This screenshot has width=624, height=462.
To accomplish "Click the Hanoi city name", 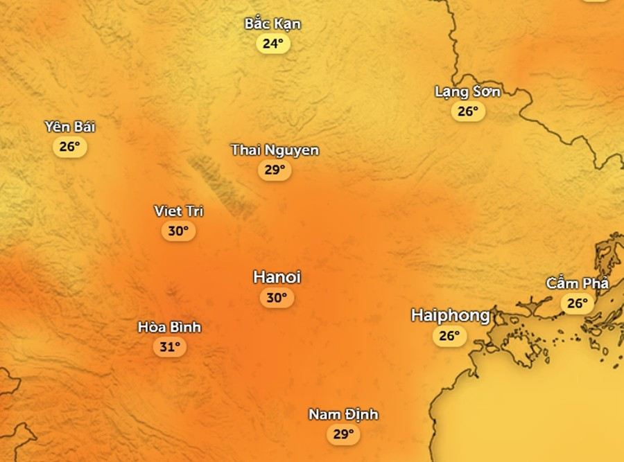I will coord(277,277).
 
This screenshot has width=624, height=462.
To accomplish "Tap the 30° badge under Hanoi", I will coord(276,298).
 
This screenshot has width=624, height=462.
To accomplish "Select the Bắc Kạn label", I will coord(272,24).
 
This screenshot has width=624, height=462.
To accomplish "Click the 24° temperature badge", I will coord(272,44).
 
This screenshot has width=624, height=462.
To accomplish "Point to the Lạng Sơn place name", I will coord(467,91).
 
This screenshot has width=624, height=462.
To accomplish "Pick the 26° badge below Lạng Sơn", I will coord(468,112).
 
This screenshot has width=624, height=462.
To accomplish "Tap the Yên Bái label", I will coord(69,127).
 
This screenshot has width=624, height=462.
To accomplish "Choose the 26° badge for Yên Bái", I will coord(69,147).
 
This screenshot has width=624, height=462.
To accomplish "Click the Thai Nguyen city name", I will coord(275,150).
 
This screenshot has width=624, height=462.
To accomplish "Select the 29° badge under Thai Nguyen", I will coord(275,170).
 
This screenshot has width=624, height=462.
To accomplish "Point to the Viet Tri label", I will coord(178,211).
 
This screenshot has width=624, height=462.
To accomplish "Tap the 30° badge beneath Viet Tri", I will coord(178,231).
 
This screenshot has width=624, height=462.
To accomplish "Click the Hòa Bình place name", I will coord(169,327).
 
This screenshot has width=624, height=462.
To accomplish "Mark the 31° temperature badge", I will coord(169,346).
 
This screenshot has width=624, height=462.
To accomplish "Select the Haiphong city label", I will coord(450,315).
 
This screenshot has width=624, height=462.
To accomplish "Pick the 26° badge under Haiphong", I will coord(449,336).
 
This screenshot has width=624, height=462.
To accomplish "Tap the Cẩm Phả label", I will coord(577,283).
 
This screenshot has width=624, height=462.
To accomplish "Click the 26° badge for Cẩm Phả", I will coord(577,303).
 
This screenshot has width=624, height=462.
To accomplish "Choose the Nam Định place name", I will coord(343,414).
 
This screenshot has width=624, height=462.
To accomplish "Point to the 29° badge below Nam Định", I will coord(343,434).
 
